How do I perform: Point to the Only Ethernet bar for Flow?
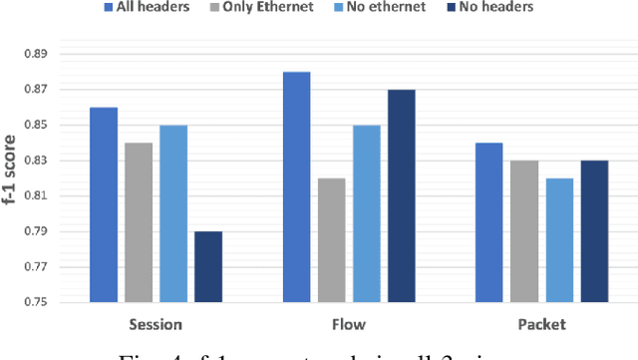tap(331, 240)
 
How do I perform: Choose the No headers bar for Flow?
tap(401, 195)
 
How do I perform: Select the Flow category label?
tap(349, 324)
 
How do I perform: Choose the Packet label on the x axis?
tap(541, 324)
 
